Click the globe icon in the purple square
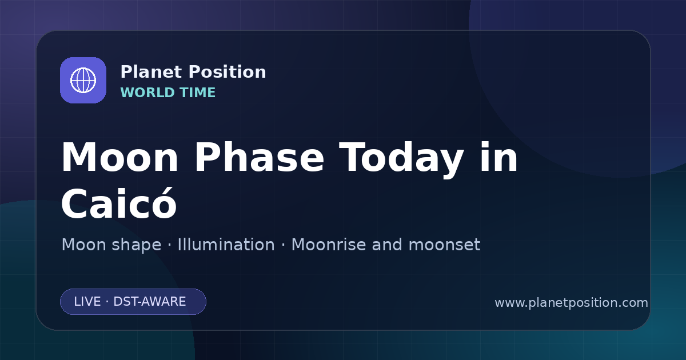(x=83, y=80)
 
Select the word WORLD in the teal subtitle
(x=147, y=93)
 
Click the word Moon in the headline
(x=119, y=158)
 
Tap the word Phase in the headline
(x=259, y=157)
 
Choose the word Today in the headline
(x=401, y=160)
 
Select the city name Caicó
(x=119, y=203)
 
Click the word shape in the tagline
(x=136, y=246)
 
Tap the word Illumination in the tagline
(x=226, y=245)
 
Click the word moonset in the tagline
(x=444, y=245)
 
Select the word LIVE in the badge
(x=87, y=302)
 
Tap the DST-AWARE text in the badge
(x=149, y=302)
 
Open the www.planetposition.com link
(x=572, y=303)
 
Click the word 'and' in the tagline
(x=387, y=245)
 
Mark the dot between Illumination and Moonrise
(x=283, y=245)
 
